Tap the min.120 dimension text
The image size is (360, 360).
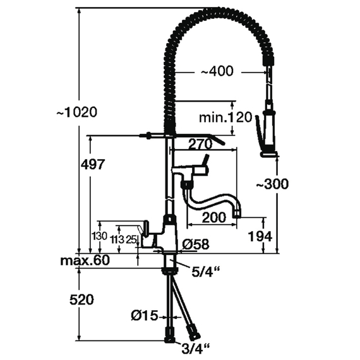coord(225,117)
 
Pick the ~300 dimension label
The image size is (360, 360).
coord(272,184)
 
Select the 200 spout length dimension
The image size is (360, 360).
coord(213,218)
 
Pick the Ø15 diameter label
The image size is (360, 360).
coord(143,314)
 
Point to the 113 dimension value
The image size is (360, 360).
coord(116,239)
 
